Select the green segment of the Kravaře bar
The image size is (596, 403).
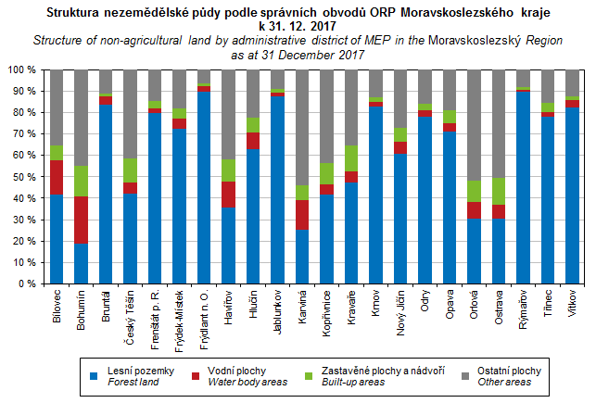pyautogui.click(x=350, y=158)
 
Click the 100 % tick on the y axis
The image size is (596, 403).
pyautogui.click(x=20, y=70)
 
